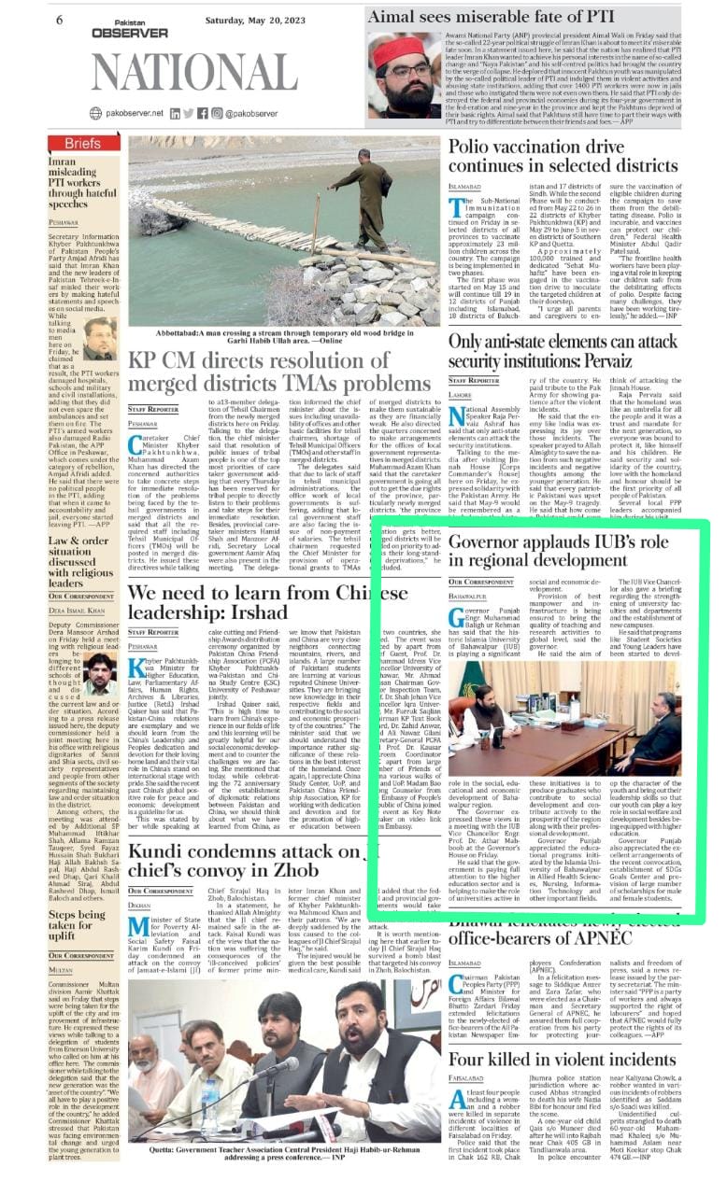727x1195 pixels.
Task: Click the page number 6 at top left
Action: (x=60, y=20)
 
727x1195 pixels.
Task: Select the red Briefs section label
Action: (x=83, y=143)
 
